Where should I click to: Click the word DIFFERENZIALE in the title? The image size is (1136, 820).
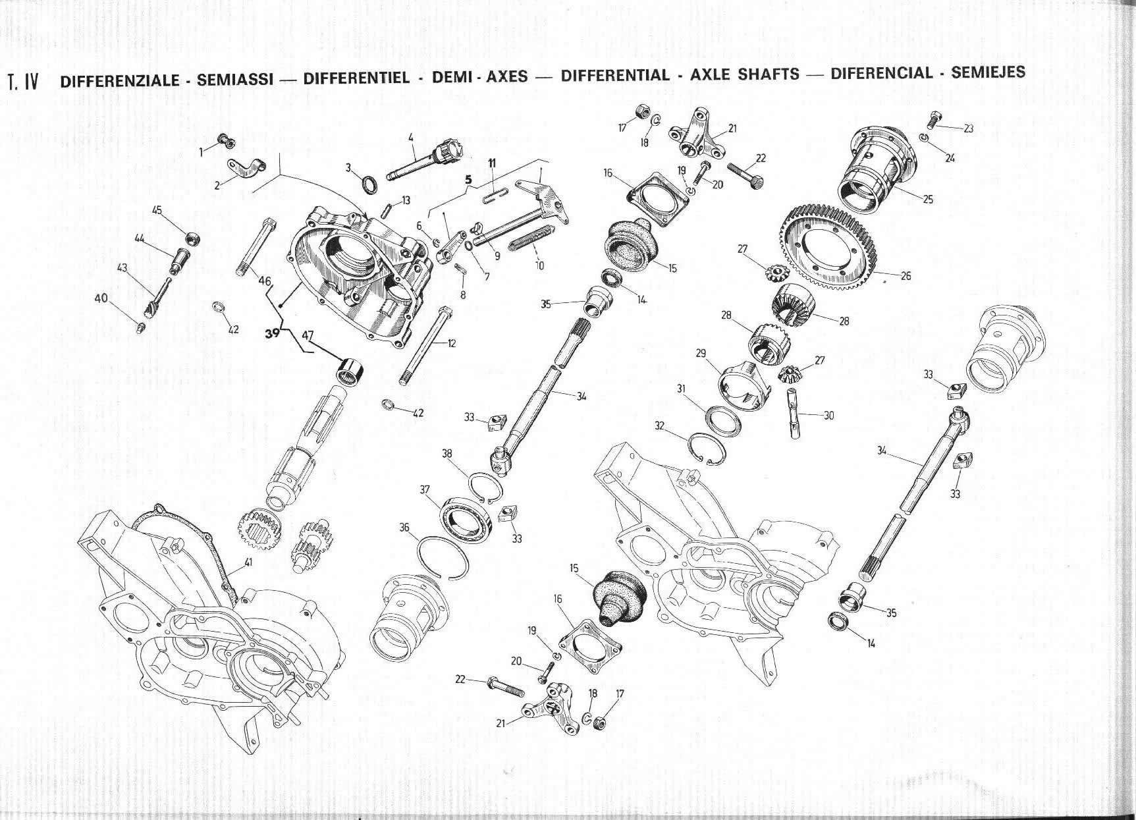pyautogui.click(x=119, y=80)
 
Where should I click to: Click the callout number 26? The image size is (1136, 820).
pyautogui.click(x=906, y=275)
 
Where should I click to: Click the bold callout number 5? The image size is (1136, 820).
pyautogui.click(x=469, y=178)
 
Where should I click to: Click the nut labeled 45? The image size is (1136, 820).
pyautogui.click(x=193, y=238)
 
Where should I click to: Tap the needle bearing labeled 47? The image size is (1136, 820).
pyautogui.click(x=350, y=368)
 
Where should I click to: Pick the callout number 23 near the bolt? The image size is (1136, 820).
pyautogui.click(x=968, y=128)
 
